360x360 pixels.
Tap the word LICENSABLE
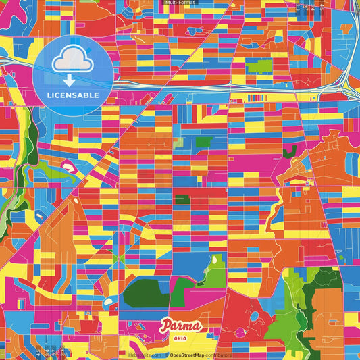73,95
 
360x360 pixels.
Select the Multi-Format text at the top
180,3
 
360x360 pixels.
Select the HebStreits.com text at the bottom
145,354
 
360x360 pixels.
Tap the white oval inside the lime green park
215,260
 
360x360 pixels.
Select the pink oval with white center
68,164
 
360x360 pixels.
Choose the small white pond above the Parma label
108,301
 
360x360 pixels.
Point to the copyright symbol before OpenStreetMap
166,354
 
